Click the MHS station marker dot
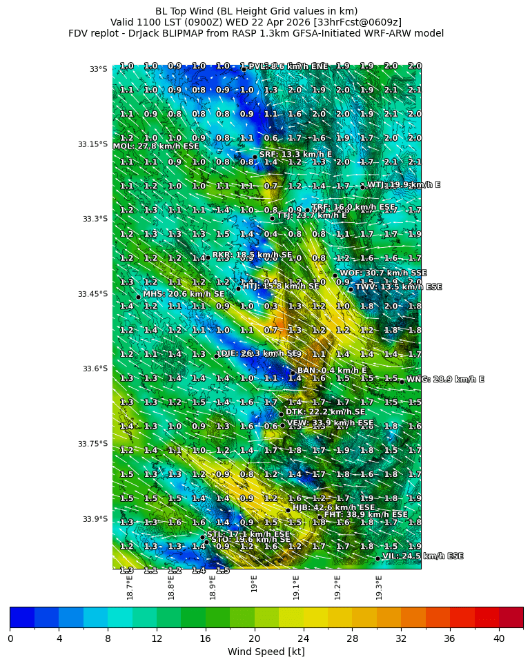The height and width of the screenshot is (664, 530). click(138, 297)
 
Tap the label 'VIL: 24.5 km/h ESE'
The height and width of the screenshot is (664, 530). click(422, 556)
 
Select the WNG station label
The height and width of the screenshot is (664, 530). click(445, 380)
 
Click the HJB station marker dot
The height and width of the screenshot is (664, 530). click(288, 510)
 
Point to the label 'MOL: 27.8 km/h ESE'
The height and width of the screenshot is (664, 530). click(155, 146)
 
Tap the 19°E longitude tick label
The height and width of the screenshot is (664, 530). click(255, 584)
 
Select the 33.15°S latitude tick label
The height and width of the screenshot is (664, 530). click(92, 144)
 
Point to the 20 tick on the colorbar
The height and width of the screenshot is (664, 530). click(255, 638)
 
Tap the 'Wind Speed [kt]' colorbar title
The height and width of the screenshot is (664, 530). click(266, 652)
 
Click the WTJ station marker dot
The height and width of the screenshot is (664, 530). click(362, 187)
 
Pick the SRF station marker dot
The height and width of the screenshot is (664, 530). click(255, 157)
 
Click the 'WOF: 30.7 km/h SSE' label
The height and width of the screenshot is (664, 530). click(383, 273)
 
